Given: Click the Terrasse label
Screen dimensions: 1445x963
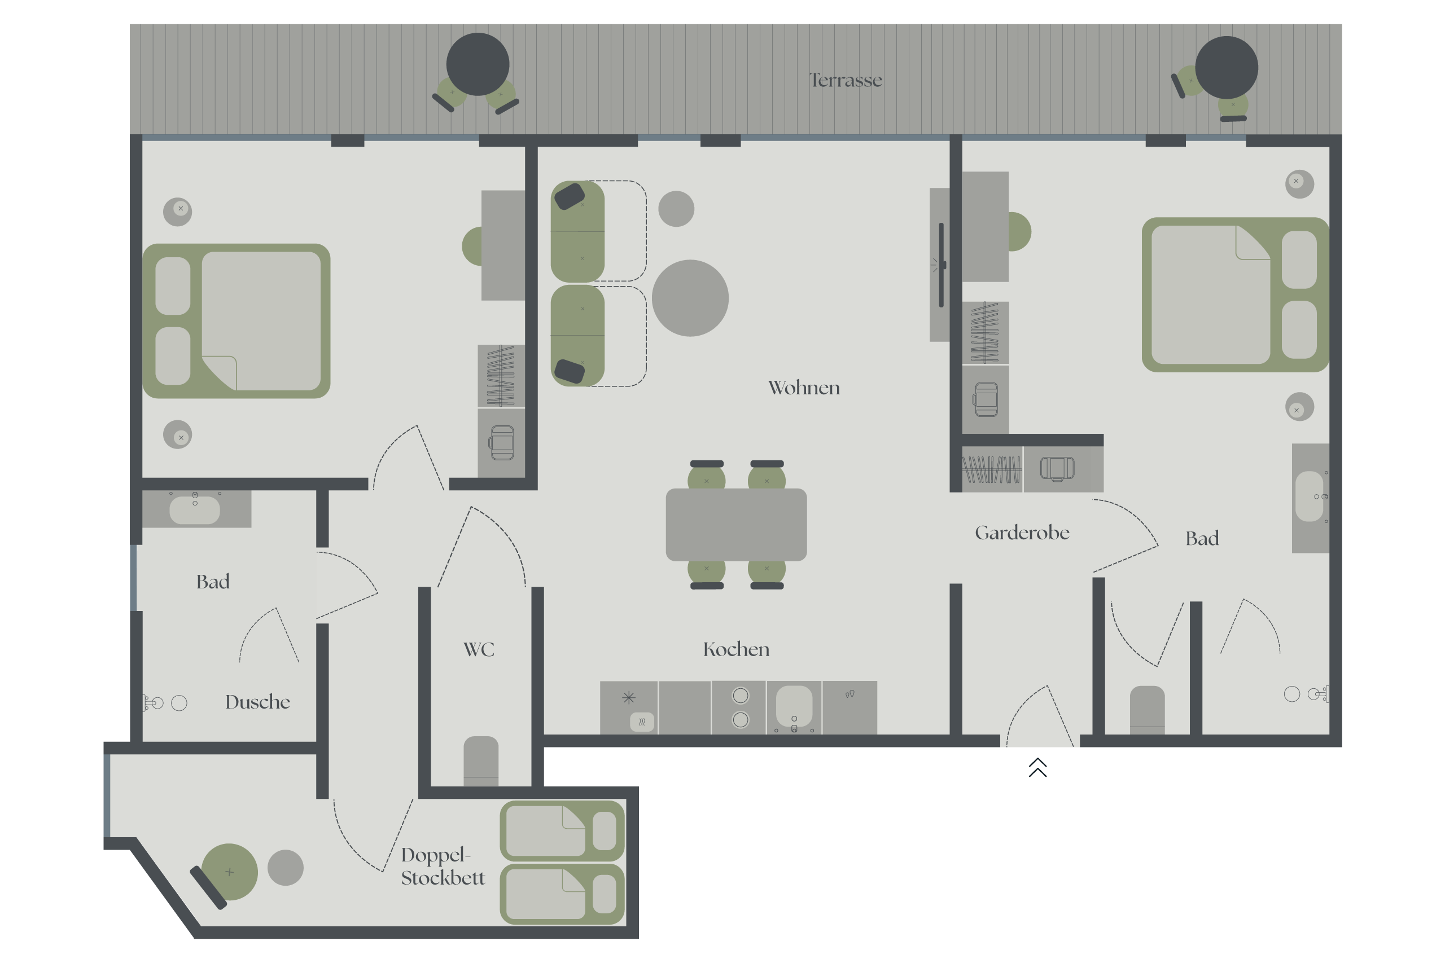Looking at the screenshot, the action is click(846, 80).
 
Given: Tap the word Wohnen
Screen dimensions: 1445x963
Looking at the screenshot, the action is click(804, 388).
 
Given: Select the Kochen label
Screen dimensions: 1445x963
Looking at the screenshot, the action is click(736, 649).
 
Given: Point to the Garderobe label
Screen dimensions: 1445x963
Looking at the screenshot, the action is click(1022, 533).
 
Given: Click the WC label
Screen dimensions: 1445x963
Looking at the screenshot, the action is click(479, 649).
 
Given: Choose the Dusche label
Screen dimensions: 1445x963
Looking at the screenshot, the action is click(257, 701).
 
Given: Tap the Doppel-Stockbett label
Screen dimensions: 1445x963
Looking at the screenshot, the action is click(443, 866).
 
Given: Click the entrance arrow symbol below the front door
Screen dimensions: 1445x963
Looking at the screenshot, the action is click(1037, 767).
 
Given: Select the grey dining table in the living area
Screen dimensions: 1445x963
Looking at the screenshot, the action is click(736, 525).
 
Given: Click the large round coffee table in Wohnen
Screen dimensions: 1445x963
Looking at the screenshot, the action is click(690, 298).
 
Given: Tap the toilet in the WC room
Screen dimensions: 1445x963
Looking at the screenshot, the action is click(480, 761).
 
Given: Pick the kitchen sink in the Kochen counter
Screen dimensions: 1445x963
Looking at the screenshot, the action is click(794, 706).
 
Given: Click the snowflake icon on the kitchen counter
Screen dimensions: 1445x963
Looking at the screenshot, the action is click(628, 698).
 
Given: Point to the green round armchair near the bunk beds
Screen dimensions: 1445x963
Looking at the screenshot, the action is click(229, 872).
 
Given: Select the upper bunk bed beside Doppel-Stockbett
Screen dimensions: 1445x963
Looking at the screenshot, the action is click(562, 831).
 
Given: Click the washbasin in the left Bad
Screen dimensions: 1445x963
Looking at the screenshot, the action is click(194, 510).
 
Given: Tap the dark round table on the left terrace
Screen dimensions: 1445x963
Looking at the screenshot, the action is click(478, 64).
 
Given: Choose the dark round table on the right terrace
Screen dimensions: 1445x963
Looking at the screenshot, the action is click(1227, 68).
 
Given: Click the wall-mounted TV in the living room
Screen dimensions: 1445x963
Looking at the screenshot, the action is click(940, 265).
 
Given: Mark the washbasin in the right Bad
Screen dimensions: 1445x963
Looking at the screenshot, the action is click(1308, 496).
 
